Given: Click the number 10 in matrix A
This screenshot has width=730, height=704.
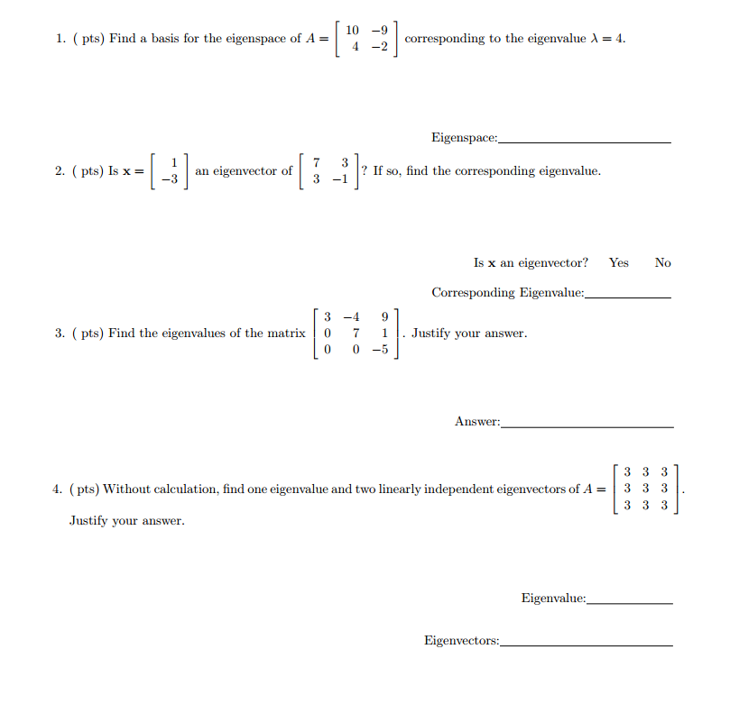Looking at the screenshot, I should pyautogui.click(x=353, y=31).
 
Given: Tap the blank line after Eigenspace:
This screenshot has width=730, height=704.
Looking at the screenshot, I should pyautogui.click(x=585, y=142).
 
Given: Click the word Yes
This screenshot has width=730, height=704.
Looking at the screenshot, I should pyautogui.click(x=619, y=262).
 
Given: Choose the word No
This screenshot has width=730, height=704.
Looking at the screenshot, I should pyautogui.click(x=663, y=262).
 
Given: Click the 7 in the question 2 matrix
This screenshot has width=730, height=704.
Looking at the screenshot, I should pyautogui.click(x=316, y=162).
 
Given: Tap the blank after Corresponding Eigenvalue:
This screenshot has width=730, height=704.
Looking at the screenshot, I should pyautogui.click(x=628, y=296).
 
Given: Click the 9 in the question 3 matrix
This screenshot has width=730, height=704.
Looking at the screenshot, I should pyautogui.click(x=385, y=316).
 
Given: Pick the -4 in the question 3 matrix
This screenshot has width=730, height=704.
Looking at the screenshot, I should pyautogui.click(x=353, y=316).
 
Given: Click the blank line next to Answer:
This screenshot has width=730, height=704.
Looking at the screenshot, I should pyautogui.click(x=587, y=425).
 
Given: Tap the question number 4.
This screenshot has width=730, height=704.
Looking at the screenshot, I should pyautogui.click(x=57, y=489).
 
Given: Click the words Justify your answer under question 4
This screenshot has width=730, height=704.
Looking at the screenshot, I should pyautogui.click(x=127, y=521).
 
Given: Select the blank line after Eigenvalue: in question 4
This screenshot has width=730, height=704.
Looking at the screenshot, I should pyautogui.click(x=630, y=601).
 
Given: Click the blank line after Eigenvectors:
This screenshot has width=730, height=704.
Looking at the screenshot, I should pyautogui.click(x=587, y=645).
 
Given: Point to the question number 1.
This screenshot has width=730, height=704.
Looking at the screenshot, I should pyautogui.click(x=59, y=39).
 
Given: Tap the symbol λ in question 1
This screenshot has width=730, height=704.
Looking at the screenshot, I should pyautogui.click(x=593, y=39).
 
